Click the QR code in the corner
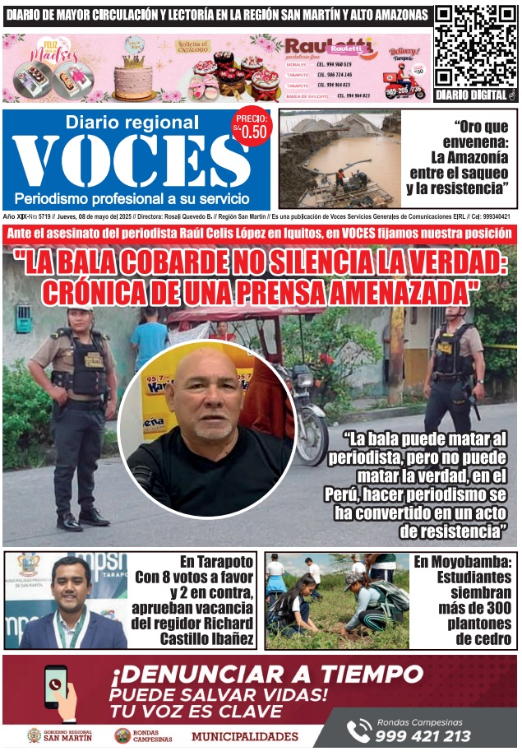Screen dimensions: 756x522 click(476, 46)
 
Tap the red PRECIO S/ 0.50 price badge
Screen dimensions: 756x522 click(251, 125)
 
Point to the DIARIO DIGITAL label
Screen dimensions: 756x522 click(476, 95)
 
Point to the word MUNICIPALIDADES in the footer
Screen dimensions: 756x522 click(245, 736)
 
